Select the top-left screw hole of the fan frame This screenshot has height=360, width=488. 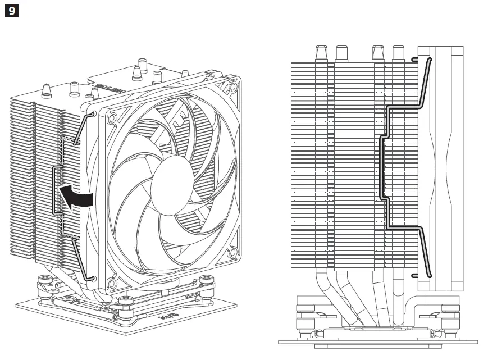point(112,119)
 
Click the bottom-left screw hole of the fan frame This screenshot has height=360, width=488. point(112,276)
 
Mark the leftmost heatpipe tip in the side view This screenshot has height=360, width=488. point(321,53)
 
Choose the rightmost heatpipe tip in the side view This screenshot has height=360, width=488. point(398,53)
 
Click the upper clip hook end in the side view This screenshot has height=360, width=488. point(416,58)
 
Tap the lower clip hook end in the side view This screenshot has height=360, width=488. point(416,275)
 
